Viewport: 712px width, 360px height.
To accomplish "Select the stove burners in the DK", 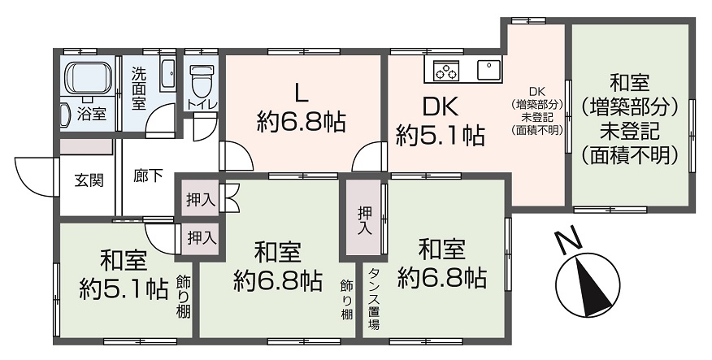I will coord(445,72).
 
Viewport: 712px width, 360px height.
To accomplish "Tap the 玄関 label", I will coord(89,180).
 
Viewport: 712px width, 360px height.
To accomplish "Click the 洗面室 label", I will coord(139,88).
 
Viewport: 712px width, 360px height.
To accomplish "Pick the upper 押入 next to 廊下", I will coord(198,199).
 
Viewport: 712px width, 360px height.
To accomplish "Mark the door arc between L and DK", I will coord(371,157).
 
